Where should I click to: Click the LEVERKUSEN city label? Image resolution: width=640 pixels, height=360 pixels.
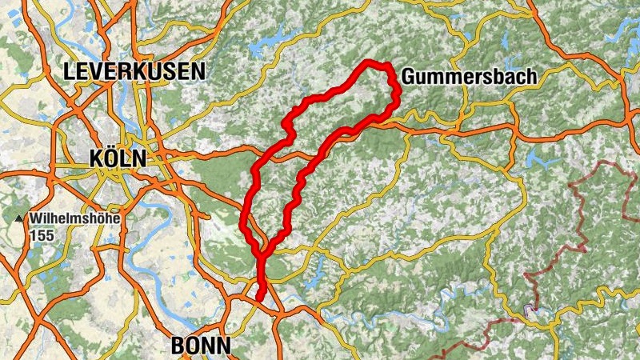click(x=134, y=72)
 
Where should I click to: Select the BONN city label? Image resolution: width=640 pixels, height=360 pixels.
click(x=200, y=346)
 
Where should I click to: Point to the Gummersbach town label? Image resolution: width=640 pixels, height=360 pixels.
click(x=468, y=77)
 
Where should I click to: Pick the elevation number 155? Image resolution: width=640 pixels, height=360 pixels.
click(x=43, y=236)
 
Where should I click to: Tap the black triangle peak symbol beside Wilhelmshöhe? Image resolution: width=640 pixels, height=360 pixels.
click(x=18, y=218)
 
